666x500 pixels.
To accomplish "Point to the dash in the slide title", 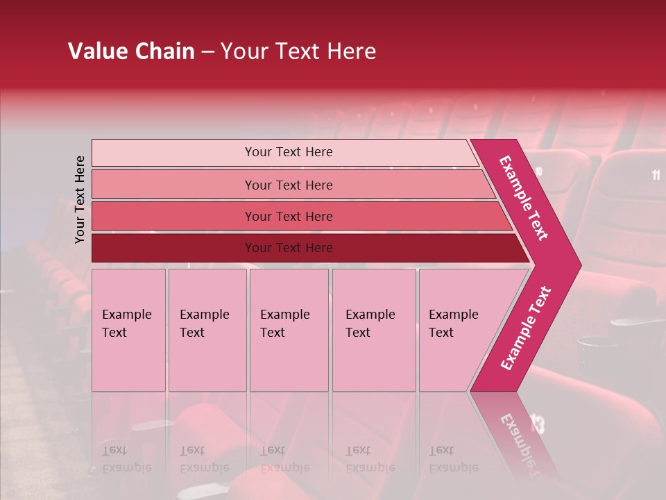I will click(x=207, y=52).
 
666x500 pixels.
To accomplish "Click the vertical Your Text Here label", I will click(x=80, y=199).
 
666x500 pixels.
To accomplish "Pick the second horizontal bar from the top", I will click(x=288, y=185).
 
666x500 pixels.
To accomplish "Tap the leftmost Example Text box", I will click(x=128, y=329).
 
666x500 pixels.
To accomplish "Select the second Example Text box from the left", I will click(x=207, y=329).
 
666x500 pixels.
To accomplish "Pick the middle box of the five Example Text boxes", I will click(x=289, y=329).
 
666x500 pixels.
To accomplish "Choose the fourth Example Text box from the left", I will click(x=374, y=329).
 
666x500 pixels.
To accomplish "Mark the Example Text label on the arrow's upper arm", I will click(x=524, y=198).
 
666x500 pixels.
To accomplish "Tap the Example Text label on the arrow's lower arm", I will click(x=525, y=328).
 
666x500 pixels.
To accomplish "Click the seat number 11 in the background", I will click(x=656, y=175).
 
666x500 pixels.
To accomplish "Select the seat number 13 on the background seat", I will click(x=538, y=422).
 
